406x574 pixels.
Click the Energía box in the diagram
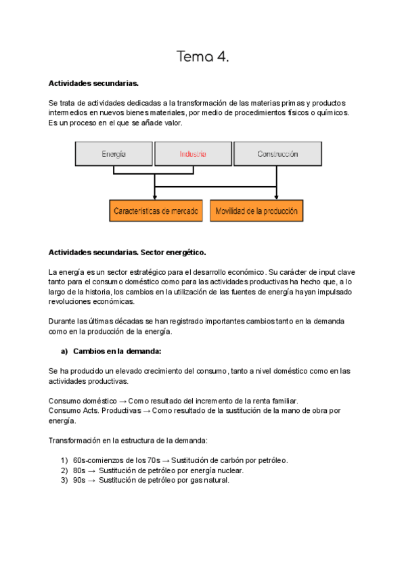(113, 154)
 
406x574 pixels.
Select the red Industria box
(193, 154)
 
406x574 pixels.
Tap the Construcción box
(277, 154)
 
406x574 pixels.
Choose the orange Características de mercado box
(156, 211)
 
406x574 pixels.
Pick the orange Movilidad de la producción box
(256, 211)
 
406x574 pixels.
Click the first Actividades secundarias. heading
(93, 83)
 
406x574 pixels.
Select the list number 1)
(65, 460)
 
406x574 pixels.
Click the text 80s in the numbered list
(79, 470)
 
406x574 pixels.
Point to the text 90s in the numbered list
(79, 481)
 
